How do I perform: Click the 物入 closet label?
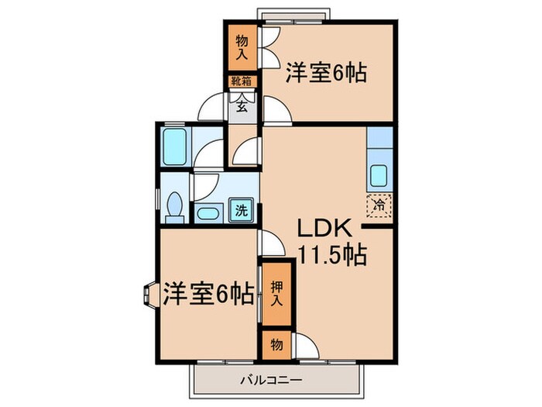[x=242, y=48]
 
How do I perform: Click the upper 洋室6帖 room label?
[x=326, y=72]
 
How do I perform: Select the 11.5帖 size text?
[x=332, y=254]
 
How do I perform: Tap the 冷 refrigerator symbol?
[x=379, y=205]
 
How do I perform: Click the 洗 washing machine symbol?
[x=242, y=209]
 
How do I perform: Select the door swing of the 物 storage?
[x=306, y=347]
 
